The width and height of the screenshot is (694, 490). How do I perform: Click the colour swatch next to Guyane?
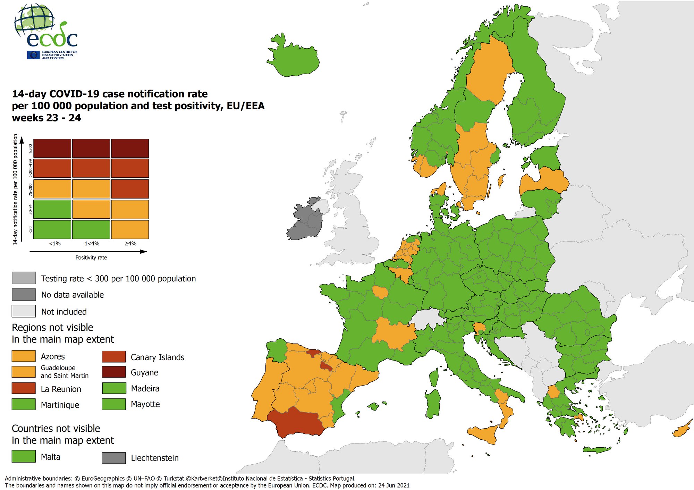113,372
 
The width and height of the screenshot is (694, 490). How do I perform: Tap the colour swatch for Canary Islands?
113,356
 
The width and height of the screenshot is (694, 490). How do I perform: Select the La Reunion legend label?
61,389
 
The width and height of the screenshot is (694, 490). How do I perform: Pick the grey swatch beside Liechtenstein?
113,458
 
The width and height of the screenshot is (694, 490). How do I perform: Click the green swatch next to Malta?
24,456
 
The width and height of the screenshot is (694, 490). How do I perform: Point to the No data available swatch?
24,295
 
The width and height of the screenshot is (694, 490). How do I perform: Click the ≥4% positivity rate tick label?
130,244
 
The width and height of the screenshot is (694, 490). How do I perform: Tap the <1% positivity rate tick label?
55,244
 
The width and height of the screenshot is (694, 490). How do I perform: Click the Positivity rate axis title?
91,257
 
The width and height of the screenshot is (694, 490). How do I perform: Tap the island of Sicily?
484,434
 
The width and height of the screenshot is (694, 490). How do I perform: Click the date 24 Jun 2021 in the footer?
393,485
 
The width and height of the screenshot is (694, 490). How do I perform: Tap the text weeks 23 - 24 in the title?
46,118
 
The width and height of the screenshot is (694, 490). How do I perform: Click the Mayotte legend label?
145,404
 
